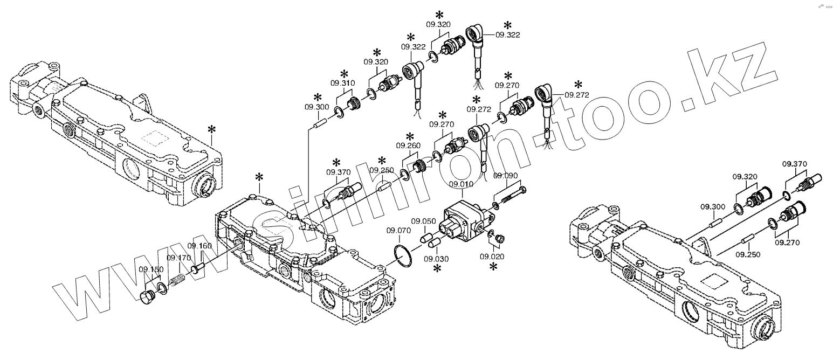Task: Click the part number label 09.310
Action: [343, 84]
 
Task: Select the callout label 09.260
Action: [408, 146]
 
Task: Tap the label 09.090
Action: [505, 176]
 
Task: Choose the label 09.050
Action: [423, 221]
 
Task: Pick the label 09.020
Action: [491, 256]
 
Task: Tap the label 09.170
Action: [179, 258]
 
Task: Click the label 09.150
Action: [151, 269]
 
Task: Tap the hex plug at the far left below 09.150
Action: [147, 296]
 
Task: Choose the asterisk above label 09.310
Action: [343, 74]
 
